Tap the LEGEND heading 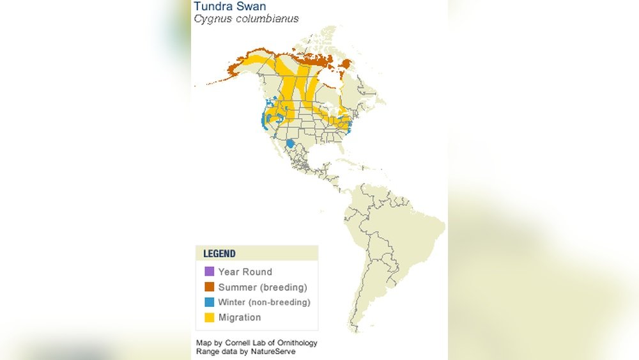(x=219, y=253)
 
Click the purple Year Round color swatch (x=209, y=272)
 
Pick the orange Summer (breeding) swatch (x=209, y=287)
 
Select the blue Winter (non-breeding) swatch (x=209, y=302)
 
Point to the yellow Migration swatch (x=209, y=318)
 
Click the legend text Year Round (x=245, y=272)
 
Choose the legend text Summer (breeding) (x=263, y=287)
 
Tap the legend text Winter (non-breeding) (x=264, y=302)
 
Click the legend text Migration (x=239, y=318)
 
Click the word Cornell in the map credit (x=238, y=343)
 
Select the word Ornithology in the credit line (x=296, y=343)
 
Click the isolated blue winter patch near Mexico (x=291, y=144)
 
